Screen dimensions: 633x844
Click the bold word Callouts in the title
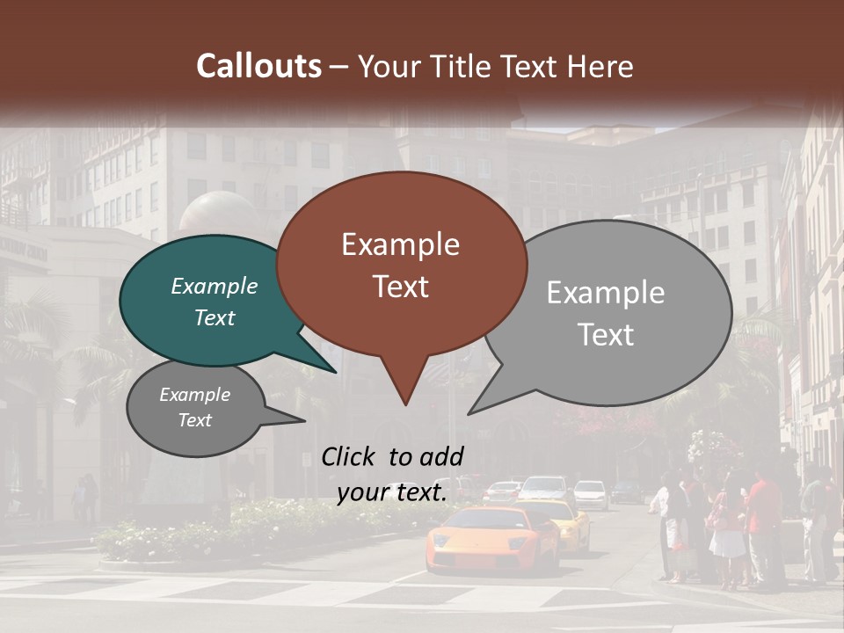tap(258, 66)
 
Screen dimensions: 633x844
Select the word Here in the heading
tap(601, 66)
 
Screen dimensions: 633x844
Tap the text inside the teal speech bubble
tap(214, 302)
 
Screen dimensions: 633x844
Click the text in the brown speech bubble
tap(400, 266)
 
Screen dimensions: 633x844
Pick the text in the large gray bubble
tap(606, 313)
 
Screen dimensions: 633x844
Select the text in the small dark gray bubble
tap(194, 407)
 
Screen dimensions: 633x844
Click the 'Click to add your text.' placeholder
tap(392, 474)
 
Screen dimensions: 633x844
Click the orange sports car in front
tap(492, 539)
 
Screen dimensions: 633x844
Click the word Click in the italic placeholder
tap(350, 456)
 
